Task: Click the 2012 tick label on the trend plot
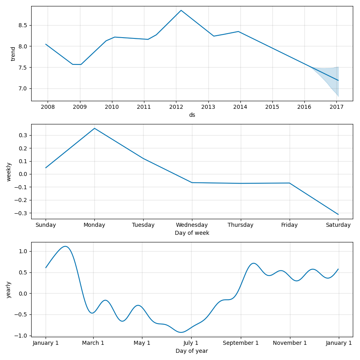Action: click(x=176, y=107)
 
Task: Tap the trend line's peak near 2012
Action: click(x=181, y=10)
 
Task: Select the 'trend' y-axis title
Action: click(x=13, y=54)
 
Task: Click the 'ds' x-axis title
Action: click(x=192, y=115)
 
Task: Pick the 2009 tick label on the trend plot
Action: click(x=80, y=107)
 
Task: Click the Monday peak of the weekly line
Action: click(x=94, y=128)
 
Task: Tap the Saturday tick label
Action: click(x=338, y=225)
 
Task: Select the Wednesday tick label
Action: click(x=192, y=225)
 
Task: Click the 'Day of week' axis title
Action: click(x=192, y=233)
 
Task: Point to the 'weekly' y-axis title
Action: click(x=9, y=172)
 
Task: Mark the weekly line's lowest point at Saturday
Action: click(x=338, y=214)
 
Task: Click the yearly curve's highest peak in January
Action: click(x=65, y=246)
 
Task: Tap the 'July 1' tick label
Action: click(x=191, y=343)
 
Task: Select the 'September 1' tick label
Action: click(x=241, y=343)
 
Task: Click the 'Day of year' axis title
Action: click(x=192, y=351)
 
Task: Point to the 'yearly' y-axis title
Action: click(x=9, y=290)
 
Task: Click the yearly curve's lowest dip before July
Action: click(x=181, y=332)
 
